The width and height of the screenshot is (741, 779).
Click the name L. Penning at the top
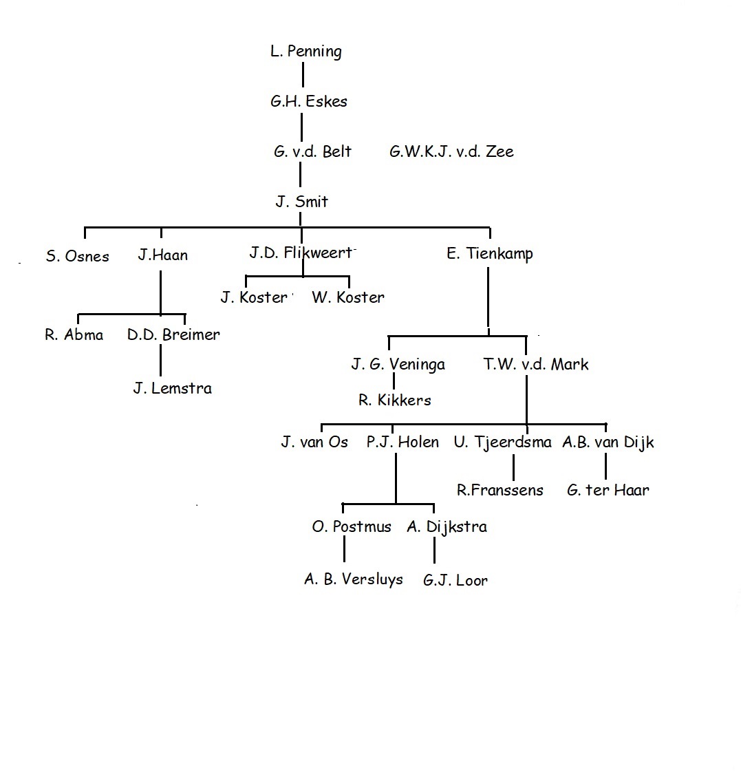pyautogui.click(x=306, y=52)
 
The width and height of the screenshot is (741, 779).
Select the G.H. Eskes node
pyautogui.click(x=308, y=101)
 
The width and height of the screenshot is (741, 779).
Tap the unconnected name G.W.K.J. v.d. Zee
pyautogui.click(x=451, y=151)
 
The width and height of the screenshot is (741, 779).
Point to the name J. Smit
pyautogui.click(x=301, y=201)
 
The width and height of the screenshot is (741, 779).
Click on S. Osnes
pyautogui.click(x=77, y=256)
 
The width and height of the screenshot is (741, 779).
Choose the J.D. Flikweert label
pyautogui.click(x=301, y=253)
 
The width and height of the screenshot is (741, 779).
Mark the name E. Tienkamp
pyautogui.click(x=490, y=254)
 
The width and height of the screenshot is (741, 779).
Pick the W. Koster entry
pyautogui.click(x=347, y=297)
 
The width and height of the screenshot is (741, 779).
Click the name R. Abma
pyautogui.click(x=74, y=334)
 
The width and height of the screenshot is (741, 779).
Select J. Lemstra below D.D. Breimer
pyautogui.click(x=172, y=388)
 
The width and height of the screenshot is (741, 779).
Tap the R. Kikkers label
pyautogui.click(x=395, y=400)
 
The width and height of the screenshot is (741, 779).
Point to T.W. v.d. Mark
pyautogui.click(x=536, y=364)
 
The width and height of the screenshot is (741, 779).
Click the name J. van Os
pyautogui.click(x=314, y=442)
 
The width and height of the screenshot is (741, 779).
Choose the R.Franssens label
pyautogui.click(x=500, y=491)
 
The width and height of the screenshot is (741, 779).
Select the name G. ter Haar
pyautogui.click(x=608, y=491)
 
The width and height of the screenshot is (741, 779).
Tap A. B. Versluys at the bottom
pyautogui.click(x=354, y=579)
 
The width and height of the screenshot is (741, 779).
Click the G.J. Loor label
pyautogui.click(x=455, y=580)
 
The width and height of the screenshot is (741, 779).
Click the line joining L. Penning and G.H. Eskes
pyautogui.click(x=303, y=74)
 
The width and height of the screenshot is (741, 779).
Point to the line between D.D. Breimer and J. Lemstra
pyautogui.click(x=160, y=360)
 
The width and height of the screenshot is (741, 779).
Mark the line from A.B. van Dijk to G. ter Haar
pyautogui.click(x=606, y=467)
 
